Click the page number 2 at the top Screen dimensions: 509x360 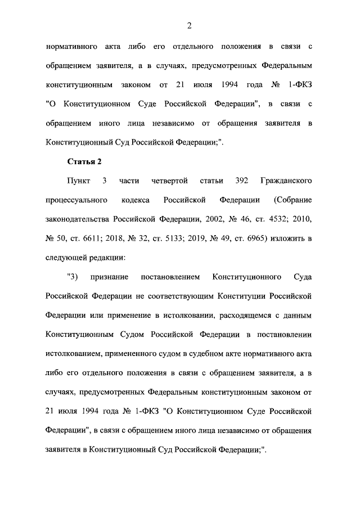click(190, 25)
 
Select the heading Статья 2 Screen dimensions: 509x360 click(84, 162)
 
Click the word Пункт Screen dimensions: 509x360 click(79, 181)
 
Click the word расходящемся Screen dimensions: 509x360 click(244, 314)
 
